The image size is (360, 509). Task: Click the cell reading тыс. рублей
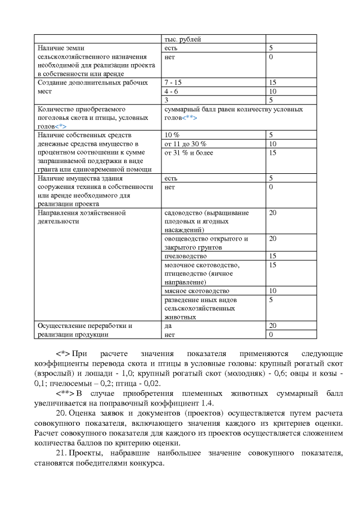(182, 39)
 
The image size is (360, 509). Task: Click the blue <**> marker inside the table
(191, 118)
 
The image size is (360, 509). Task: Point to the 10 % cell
(171, 135)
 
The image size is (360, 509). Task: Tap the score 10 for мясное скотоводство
(273, 291)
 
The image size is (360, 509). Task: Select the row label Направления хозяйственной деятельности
(82, 217)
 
